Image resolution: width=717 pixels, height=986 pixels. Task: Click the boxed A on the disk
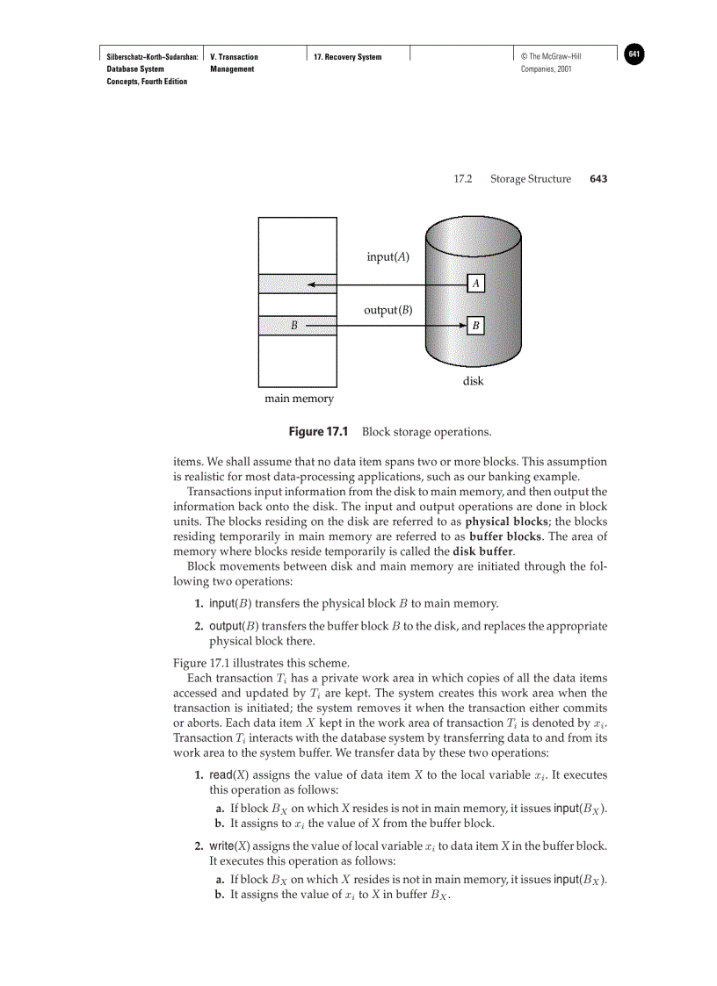[475, 284]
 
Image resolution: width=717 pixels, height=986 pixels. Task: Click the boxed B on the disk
[475, 326]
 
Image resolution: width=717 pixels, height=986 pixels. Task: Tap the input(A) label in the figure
[387, 257]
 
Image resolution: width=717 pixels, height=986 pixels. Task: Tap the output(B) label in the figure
[387, 310]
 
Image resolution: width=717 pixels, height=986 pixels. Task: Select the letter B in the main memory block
[295, 326]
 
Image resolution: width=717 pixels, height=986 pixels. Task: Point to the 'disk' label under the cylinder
[473, 381]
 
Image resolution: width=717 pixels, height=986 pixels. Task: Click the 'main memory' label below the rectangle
[299, 399]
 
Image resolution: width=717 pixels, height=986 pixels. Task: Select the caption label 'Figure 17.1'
[319, 432]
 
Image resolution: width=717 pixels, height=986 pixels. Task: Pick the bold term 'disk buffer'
[482, 551]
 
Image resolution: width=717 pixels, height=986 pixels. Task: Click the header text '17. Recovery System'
[347, 57]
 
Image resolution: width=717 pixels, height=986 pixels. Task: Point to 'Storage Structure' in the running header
[530, 179]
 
